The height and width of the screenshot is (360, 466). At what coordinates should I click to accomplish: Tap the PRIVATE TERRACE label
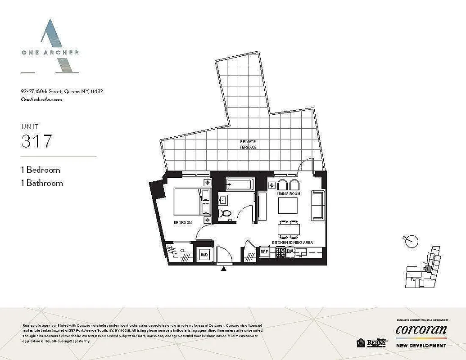(248, 144)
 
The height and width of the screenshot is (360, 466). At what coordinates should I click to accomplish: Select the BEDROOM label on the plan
(183, 223)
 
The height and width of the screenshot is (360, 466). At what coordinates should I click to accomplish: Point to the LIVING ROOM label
(288, 194)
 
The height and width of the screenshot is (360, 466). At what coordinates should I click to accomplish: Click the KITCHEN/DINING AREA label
(292, 242)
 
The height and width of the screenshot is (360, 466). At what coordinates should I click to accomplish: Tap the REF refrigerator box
(264, 252)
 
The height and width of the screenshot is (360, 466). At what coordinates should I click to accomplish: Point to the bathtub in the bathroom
(240, 184)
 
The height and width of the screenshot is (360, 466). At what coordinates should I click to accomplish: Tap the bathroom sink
(224, 199)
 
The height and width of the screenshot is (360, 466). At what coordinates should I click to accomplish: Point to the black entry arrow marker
(223, 269)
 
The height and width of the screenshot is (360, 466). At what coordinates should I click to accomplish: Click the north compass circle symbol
(411, 241)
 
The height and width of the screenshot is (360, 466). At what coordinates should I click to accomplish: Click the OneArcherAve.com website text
(41, 100)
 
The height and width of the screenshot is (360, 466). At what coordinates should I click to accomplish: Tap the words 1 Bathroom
(42, 183)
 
